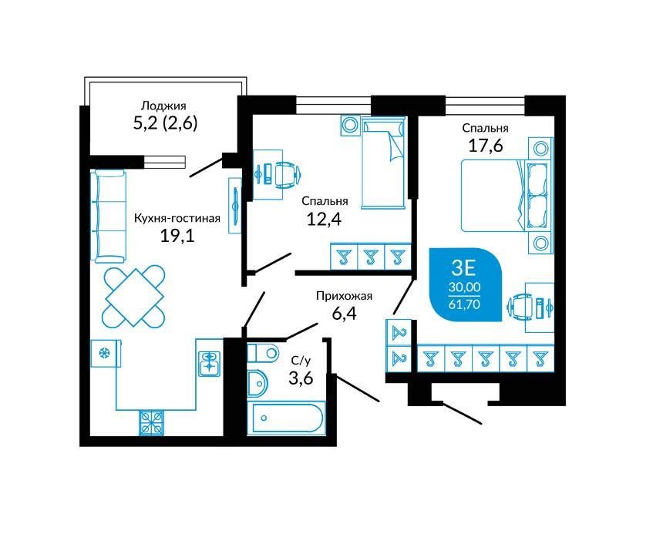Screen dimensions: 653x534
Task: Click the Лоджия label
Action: pos(163,106)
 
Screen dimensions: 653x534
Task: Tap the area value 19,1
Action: pos(177,236)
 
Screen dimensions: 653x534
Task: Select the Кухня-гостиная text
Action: pos(177,218)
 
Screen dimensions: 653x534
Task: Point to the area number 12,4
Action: pos(324,219)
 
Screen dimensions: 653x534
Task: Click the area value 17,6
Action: pos(486,146)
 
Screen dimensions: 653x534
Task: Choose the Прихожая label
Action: pos(344,297)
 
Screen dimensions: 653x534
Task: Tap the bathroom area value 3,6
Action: pos(301,378)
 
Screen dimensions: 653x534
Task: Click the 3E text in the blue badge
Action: pos(463,269)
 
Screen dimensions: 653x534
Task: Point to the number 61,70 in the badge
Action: pos(464,304)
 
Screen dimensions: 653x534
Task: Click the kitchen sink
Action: pos(210,363)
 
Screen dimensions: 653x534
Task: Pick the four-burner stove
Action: pos(151,423)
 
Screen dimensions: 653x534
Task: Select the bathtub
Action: pos(286,418)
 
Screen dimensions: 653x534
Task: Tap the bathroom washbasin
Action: pos(257,383)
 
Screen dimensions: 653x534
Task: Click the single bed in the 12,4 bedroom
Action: pos(383,163)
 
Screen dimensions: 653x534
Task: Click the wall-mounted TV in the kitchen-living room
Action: pos(235,205)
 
